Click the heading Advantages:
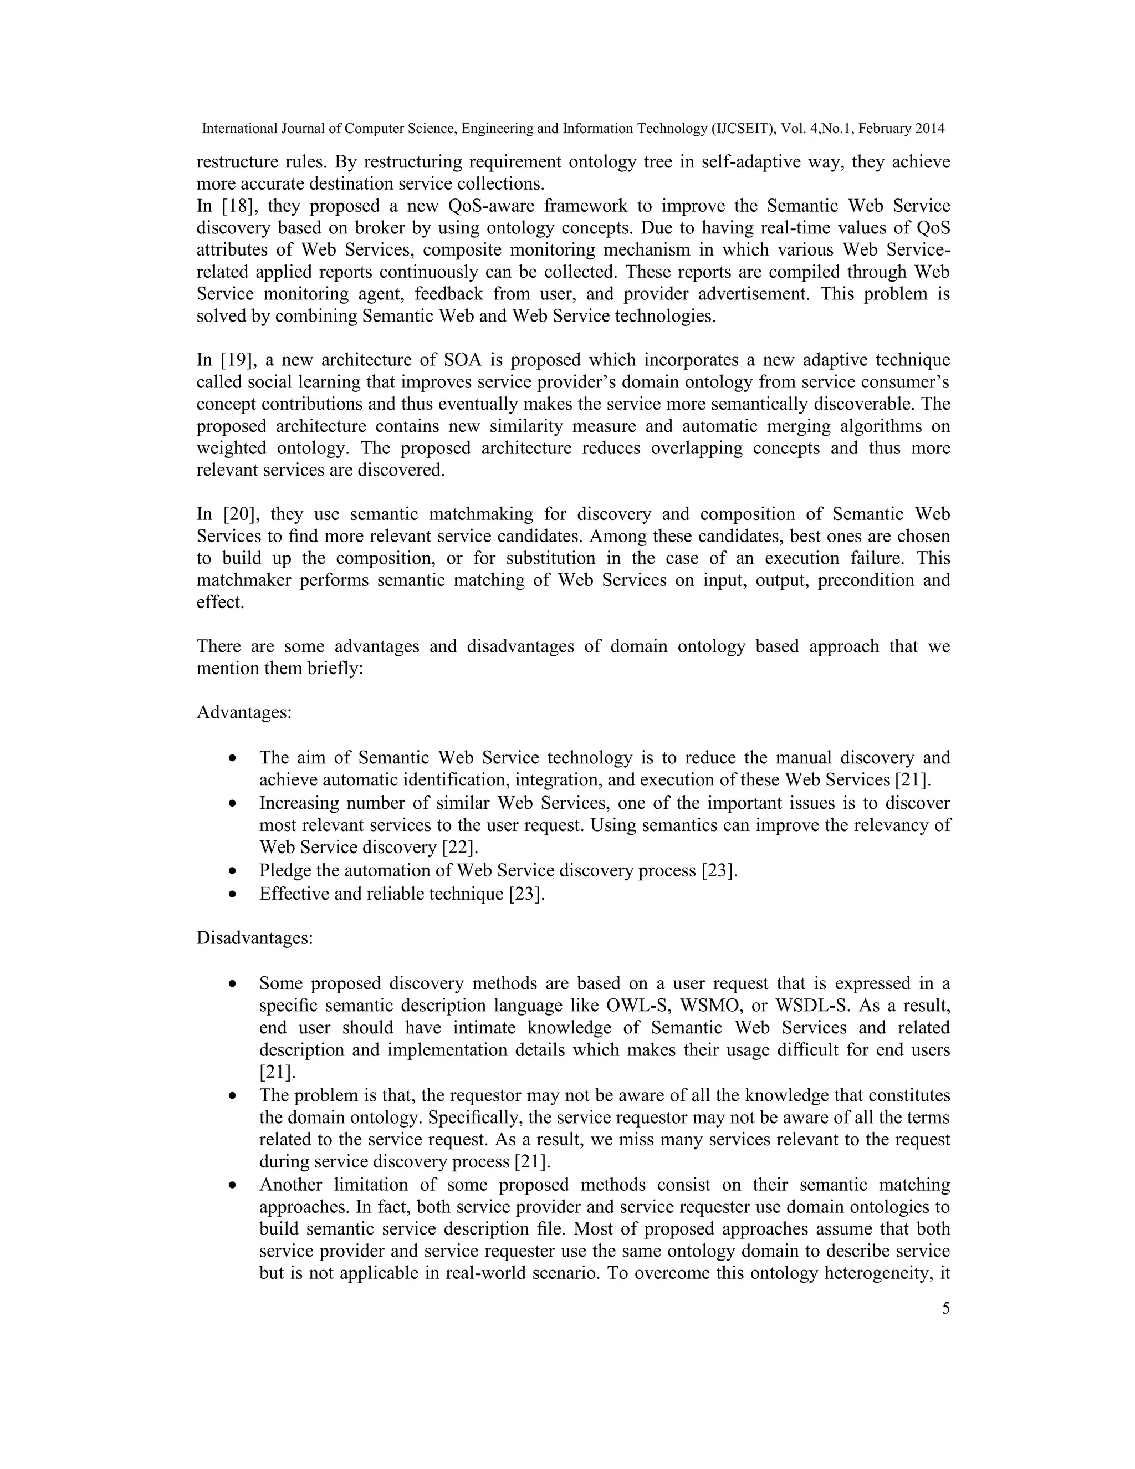[x=244, y=712]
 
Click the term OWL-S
[x=636, y=1006]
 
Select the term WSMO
[x=712, y=1006]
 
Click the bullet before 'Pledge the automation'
[x=233, y=871]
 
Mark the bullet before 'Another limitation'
[x=233, y=1185]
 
